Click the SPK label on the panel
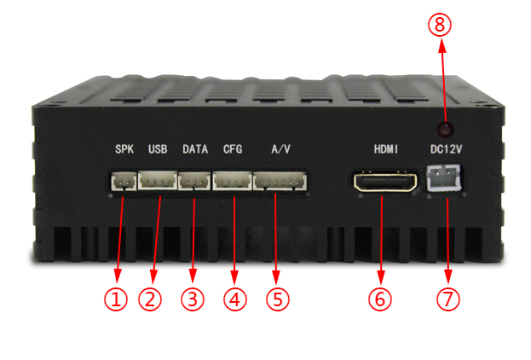pos(124,149)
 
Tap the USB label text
pos(158,149)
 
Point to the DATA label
pos(195,149)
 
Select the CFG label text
pos(233,149)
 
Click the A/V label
pos(280,149)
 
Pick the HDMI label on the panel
pos(386,149)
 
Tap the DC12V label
pos(446,149)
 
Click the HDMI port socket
pos(385,182)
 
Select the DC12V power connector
pos(443,178)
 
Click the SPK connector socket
pos(124,181)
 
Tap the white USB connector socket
pos(158,180)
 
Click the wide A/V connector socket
pos(280,181)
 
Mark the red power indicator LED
pos(446,129)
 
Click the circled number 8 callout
pos(440,25)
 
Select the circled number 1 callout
pos(116,299)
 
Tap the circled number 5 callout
pos(278,299)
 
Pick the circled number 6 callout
pos(380,299)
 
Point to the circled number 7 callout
pos(448,299)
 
